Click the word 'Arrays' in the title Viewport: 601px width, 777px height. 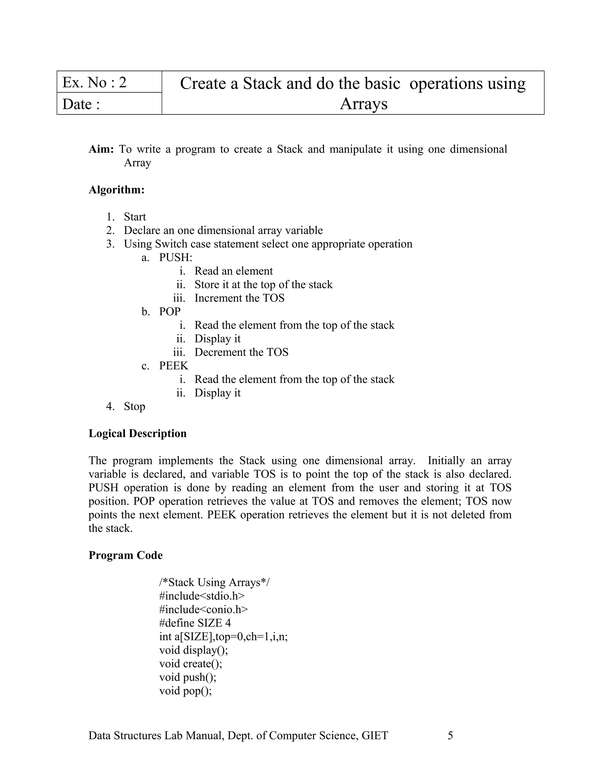pyautogui.click(x=364, y=104)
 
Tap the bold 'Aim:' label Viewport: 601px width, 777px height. pyautogui.click(x=101, y=149)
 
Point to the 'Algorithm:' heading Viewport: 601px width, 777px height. pyautogui.click(x=117, y=190)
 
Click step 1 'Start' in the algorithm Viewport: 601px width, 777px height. pyautogui.click(x=135, y=217)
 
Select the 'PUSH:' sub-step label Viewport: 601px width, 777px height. pyautogui.click(x=175, y=257)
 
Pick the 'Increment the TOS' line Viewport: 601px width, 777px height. pyautogui.click(x=239, y=298)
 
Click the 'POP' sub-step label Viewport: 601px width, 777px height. pyautogui.click(x=170, y=311)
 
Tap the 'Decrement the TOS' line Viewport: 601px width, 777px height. pyautogui.click(x=241, y=352)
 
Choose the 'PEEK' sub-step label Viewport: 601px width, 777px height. pyautogui.click(x=173, y=366)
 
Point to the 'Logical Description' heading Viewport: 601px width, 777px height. pyautogui.click(x=137, y=433)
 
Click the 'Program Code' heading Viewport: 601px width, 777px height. pyautogui.click(x=125, y=555)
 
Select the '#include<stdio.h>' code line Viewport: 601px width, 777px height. pyautogui.click(x=202, y=596)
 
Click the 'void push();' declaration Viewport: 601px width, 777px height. pyautogui.click(x=188, y=677)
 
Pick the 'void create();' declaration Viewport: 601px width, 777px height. pyautogui.click(x=190, y=664)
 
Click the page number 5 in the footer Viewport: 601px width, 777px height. pyautogui.click(x=450, y=735)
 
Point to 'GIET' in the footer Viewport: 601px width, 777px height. pyautogui.click(x=374, y=735)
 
